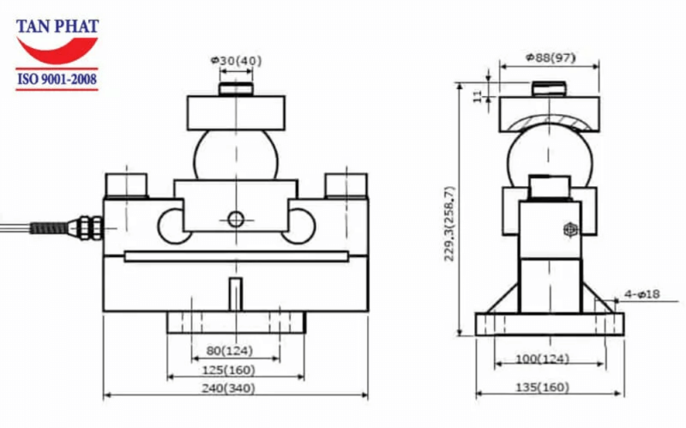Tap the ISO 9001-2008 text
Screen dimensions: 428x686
(57, 81)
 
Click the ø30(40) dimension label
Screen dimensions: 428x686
(236, 60)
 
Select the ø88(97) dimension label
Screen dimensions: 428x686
(550, 58)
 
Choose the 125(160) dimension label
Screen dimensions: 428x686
(235, 370)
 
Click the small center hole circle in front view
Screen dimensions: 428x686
(236, 220)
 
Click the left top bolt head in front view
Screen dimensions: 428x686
(127, 184)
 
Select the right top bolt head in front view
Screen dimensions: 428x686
(346, 184)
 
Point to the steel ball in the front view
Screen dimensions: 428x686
(235, 154)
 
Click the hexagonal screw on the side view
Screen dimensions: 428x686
(569, 230)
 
